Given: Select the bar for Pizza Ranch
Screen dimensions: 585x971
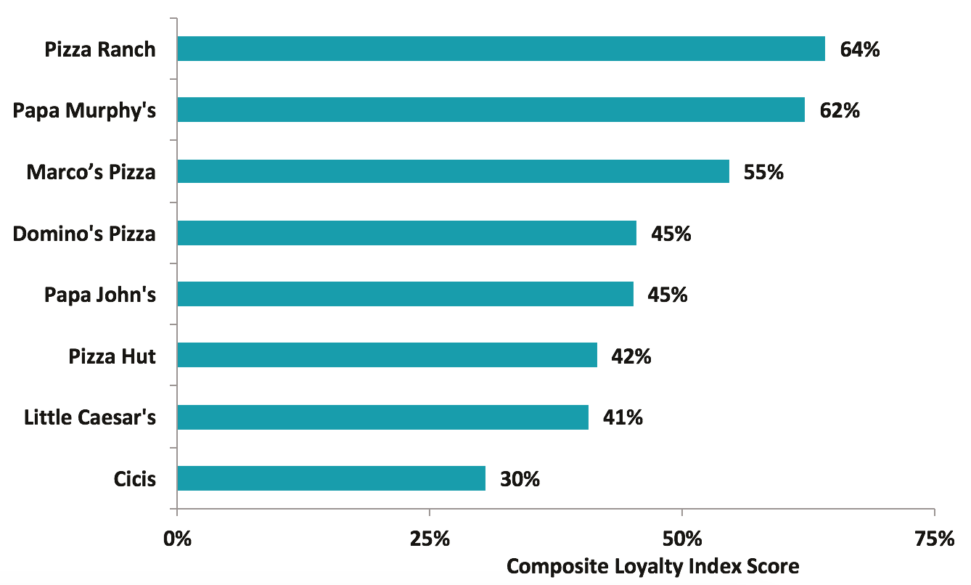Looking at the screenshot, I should (501, 49).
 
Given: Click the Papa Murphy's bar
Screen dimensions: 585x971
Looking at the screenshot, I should (491, 110).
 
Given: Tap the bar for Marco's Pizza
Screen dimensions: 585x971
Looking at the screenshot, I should (453, 171).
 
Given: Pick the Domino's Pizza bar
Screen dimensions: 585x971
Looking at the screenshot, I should (406, 233).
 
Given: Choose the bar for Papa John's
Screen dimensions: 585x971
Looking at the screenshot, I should (405, 294).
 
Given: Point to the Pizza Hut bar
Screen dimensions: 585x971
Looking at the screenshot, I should (387, 356).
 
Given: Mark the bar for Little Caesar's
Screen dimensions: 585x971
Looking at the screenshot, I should (382, 417).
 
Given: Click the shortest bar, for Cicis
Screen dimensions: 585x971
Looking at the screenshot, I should (331, 478).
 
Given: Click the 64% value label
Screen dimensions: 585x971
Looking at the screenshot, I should (860, 49).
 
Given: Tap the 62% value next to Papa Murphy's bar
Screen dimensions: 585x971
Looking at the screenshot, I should (840, 110).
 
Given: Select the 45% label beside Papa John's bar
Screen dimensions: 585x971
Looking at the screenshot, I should (668, 295).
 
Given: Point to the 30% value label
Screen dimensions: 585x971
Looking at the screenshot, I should (520, 479).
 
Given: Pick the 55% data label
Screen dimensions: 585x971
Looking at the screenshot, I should (763, 172).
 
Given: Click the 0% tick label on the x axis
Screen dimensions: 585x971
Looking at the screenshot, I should (177, 539).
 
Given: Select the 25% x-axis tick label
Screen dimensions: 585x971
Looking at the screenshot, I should (430, 539).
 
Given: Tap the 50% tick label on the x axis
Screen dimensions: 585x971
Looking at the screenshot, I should (682, 539).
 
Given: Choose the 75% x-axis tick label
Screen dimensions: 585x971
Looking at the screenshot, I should (935, 539).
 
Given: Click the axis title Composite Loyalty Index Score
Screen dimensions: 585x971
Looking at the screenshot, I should (652, 565).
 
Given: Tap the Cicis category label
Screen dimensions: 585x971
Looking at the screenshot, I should (135, 479).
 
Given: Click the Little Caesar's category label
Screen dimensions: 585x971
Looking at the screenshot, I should (90, 417).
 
